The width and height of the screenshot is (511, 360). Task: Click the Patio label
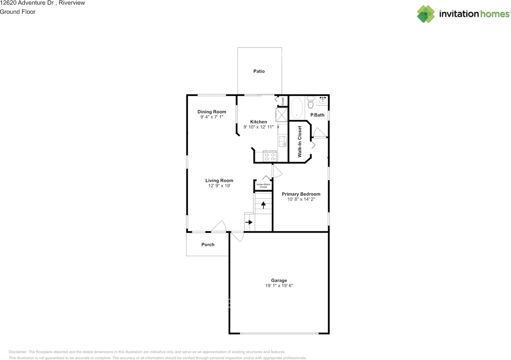pyautogui.click(x=259, y=71)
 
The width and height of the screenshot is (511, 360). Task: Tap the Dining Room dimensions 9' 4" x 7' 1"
pyautogui.click(x=212, y=117)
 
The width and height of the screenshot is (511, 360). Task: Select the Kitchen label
pyautogui.click(x=258, y=122)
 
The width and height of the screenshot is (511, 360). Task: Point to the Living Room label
pyautogui.click(x=219, y=181)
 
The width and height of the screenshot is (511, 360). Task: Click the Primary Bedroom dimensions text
pyautogui.click(x=301, y=199)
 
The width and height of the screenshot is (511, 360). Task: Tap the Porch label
pyautogui.click(x=208, y=245)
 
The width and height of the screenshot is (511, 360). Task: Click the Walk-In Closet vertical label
pyautogui.click(x=300, y=141)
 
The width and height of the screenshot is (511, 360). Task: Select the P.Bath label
pyautogui.click(x=317, y=115)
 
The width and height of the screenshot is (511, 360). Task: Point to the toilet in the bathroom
pyautogui.click(x=311, y=103)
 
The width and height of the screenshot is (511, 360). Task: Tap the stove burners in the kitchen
pyautogui.click(x=270, y=156)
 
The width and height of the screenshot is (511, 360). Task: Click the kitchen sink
pyautogui.click(x=282, y=141)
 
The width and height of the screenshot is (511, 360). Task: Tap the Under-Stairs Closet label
pyautogui.click(x=263, y=185)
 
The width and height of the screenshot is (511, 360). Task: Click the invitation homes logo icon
pyautogui.click(x=426, y=14)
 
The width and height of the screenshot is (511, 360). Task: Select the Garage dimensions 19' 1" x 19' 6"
pyautogui.click(x=279, y=286)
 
